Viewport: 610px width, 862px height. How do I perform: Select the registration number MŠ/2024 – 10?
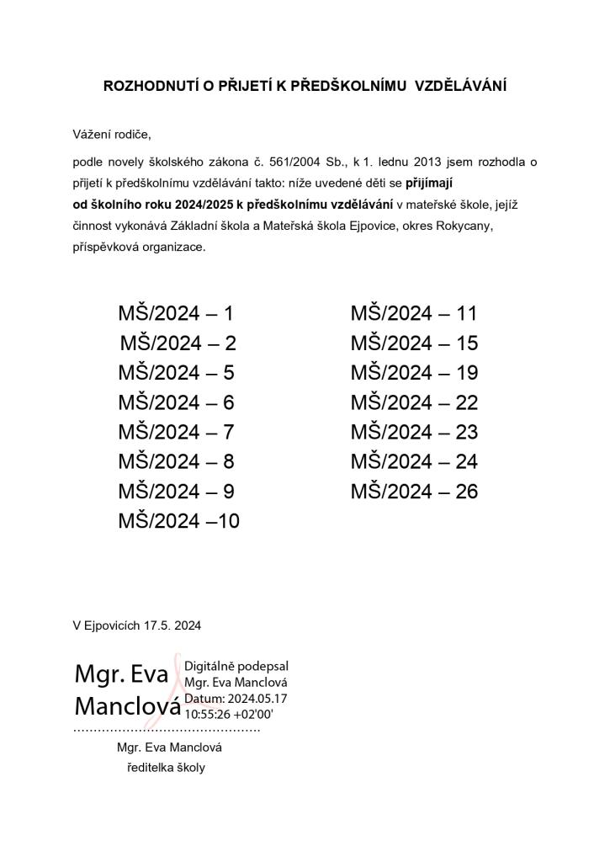178,521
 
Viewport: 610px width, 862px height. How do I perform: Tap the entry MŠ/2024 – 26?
414,492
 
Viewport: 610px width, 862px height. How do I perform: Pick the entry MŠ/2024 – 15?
414,343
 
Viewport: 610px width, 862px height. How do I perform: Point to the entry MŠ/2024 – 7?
176,433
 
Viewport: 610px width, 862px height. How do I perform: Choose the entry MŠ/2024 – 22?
414,403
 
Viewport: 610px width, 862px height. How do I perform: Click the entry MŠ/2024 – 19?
414,373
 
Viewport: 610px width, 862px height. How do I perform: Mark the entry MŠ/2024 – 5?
176,373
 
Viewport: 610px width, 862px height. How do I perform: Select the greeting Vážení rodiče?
112,134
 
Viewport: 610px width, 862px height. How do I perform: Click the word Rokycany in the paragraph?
467,226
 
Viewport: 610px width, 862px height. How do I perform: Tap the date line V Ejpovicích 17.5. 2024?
137,625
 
